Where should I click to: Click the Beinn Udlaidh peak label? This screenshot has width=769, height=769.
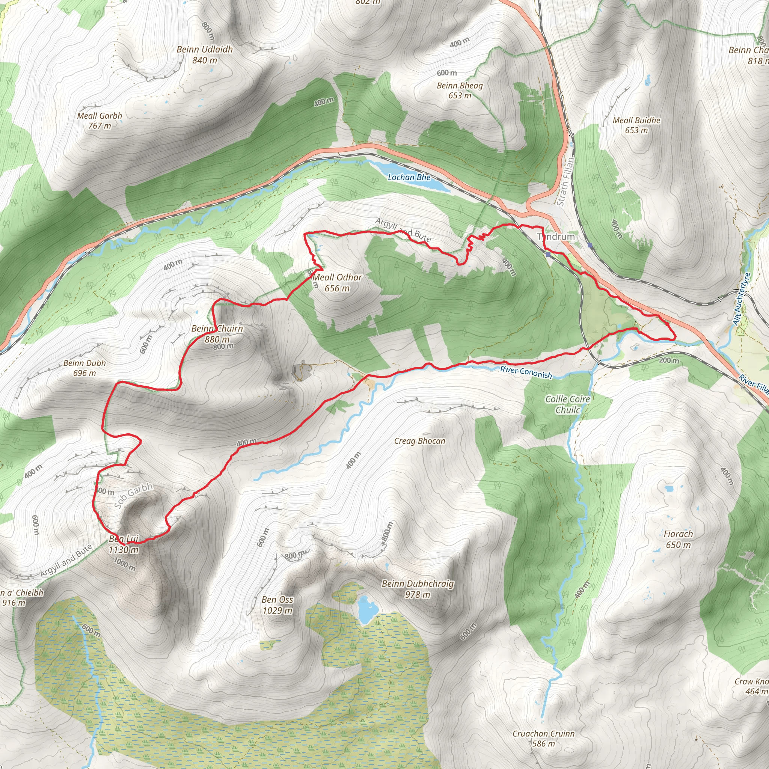(205, 54)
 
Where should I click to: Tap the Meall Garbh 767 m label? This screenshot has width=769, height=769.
(100, 121)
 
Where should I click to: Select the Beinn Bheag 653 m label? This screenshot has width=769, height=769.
(460, 90)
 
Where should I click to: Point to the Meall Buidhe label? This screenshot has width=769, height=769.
(636, 125)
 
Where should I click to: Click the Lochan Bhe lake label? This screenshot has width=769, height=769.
(409, 178)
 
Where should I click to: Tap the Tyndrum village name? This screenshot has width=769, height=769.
(556, 237)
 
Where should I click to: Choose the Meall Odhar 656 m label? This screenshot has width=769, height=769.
(337, 283)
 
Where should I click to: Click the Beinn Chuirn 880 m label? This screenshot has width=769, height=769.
(217, 333)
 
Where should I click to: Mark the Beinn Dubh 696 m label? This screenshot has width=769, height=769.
(85, 368)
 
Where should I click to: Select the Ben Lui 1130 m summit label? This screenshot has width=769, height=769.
(124, 544)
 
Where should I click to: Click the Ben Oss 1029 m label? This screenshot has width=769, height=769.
(277, 605)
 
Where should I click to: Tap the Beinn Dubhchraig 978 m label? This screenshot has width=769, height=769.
(418, 589)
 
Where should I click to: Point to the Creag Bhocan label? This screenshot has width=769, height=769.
(419, 441)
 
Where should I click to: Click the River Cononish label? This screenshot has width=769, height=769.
(526, 372)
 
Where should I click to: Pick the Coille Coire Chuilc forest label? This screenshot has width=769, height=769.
(568, 404)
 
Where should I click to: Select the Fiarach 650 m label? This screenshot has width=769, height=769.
(678, 539)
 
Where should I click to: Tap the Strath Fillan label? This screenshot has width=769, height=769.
(565, 181)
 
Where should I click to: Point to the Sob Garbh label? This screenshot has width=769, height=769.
(133, 496)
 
